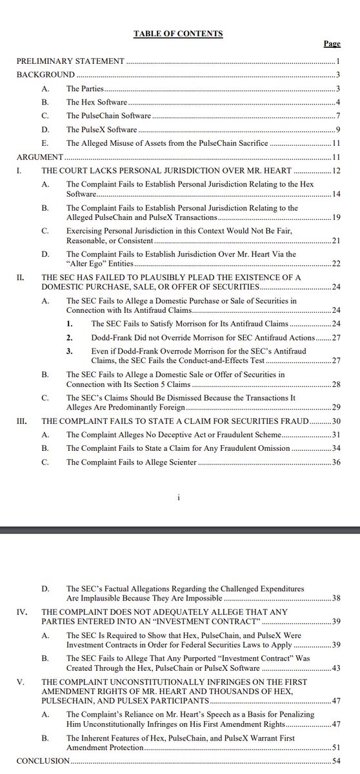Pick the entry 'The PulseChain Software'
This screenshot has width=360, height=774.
109,115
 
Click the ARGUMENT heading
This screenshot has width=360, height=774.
39,156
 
